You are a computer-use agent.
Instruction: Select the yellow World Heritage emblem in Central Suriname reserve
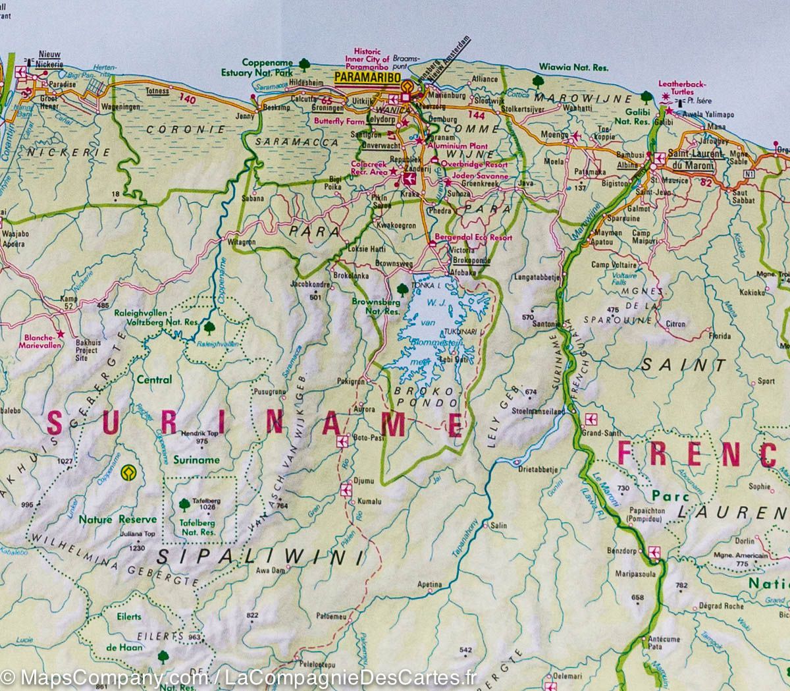click(125, 472)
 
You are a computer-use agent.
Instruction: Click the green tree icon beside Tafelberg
click(184, 505)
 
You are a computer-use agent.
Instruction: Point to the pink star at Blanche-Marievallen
click(60, 334)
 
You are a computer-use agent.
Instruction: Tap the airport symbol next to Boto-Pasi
click(342, 442)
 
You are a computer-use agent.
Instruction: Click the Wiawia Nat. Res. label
click(574, 67)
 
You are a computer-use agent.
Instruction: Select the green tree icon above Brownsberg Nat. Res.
click(402, 288)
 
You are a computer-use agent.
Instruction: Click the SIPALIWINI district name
click(261, 557)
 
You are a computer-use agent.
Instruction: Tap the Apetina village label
click(429, 584)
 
